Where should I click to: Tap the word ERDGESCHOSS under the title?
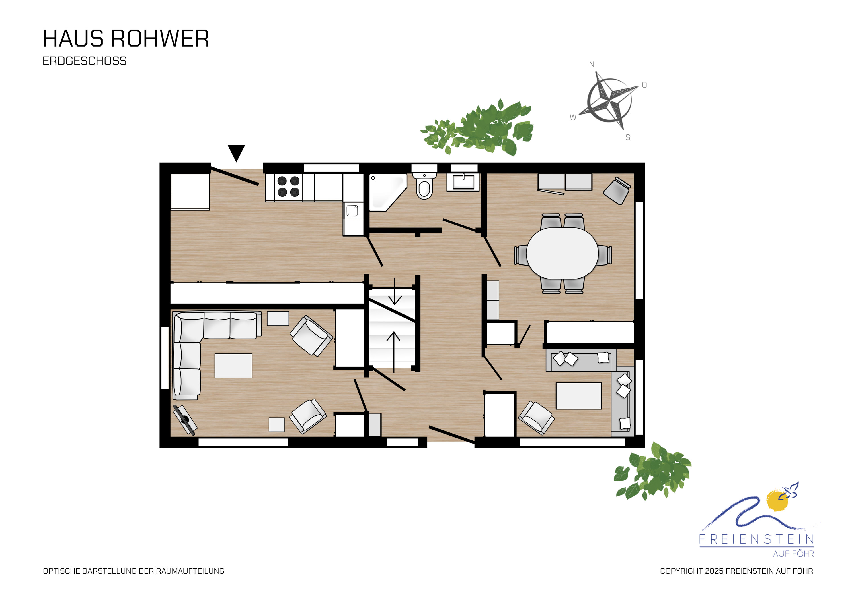(x=85, y=61)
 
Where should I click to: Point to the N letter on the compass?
(x=592, y=65)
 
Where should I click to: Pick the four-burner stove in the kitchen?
(x=289, y=187)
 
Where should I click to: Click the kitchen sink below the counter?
(x=352, y=210)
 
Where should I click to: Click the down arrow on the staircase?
(x=395, y=292)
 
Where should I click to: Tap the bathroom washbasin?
(x=463, y=182)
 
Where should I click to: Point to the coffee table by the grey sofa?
(x=579, y=396)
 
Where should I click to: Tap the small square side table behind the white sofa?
(x=278, y=318)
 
